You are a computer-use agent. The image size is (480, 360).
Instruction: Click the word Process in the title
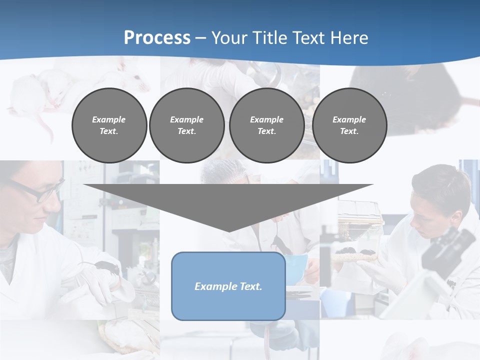click(157, 37)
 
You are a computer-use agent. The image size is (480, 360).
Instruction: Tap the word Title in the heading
click(270, 37)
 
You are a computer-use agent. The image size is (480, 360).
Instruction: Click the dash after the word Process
click(201, 38)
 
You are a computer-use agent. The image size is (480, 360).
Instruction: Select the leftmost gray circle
click(109, 125)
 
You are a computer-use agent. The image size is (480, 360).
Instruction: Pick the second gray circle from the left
click(186, 125)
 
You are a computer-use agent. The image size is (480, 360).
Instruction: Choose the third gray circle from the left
click(266, 125)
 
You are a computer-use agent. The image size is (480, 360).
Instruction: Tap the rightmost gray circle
click(349, 125)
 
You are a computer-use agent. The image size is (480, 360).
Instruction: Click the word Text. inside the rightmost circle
click(349, 131)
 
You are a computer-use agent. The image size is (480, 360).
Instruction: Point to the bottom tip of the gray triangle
click(228, 231)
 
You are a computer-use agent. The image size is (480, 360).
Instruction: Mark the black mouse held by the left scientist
click(107, 267)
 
